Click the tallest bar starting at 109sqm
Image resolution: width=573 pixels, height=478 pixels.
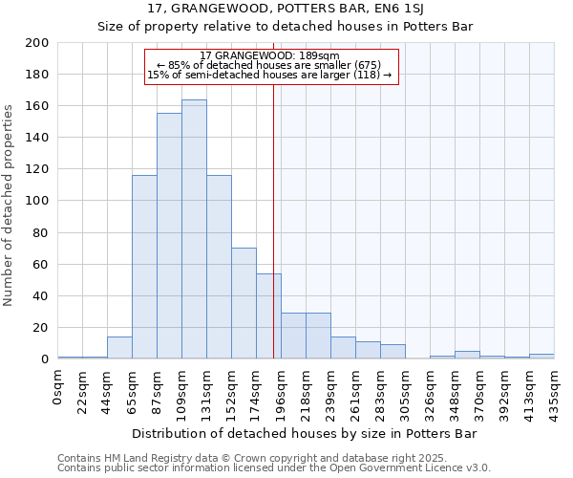tap(194, 229)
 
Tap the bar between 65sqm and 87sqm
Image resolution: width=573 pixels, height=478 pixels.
tap(144, 267)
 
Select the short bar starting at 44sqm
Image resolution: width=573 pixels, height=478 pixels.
tap(119, 348)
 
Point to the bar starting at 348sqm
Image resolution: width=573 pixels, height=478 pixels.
tap(467, 355)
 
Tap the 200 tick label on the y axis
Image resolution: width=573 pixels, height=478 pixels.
tap(37, 43)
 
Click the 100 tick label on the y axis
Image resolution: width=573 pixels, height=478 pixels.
tap(37, 201)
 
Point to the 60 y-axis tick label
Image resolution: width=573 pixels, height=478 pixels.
tap(41, 264)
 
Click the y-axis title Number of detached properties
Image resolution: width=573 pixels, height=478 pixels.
tap(10, 201)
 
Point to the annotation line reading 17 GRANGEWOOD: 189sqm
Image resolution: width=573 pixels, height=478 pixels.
tap(269, 55)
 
